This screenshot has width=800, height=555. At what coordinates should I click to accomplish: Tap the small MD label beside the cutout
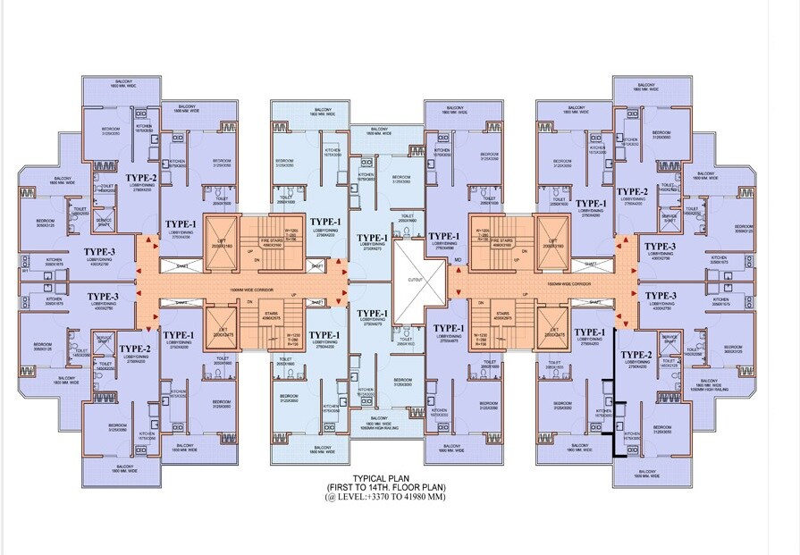458,261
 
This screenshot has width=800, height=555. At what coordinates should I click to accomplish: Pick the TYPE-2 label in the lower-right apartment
636,355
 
